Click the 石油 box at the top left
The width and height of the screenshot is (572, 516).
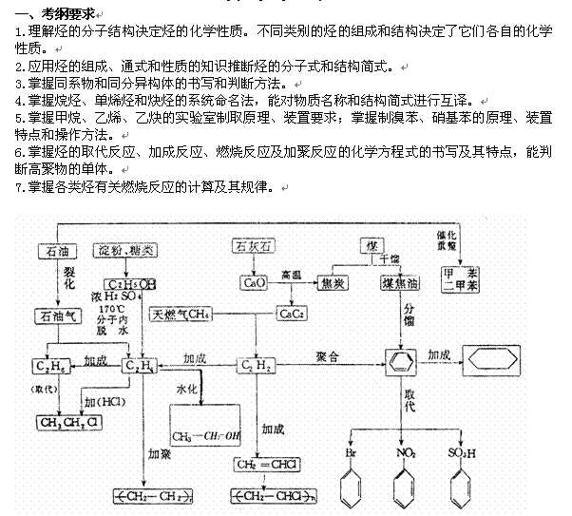53,251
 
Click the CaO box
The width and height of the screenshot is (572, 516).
254,283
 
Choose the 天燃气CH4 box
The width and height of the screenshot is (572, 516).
181,315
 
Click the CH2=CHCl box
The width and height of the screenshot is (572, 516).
269,464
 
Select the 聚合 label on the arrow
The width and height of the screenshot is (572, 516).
329,354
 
